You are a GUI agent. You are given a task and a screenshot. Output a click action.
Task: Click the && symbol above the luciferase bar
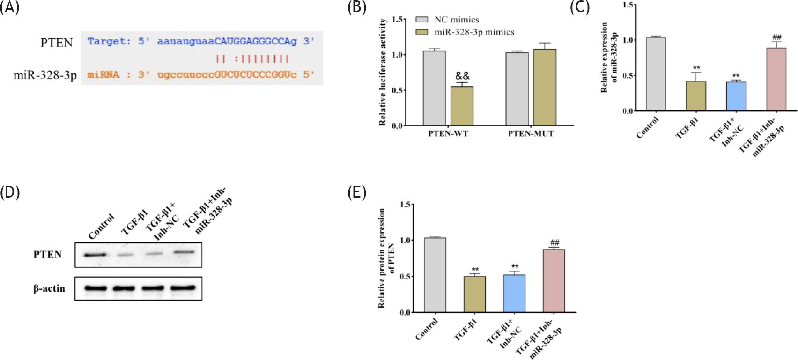pyautogui.click(x=462, y=76)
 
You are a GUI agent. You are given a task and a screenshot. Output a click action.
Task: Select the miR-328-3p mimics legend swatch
pyautogui.click(x=422, y=32)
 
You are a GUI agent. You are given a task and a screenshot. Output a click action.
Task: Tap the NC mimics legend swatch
pyautogui.click(x=422, y=19)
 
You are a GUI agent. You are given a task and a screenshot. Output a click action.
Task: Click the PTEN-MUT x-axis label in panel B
pyautogui.click(x=531, y=133)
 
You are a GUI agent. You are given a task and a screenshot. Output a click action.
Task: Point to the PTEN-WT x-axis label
pyautogui.click(x=448, y=133)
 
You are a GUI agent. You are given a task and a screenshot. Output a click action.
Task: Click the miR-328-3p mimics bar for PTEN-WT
pyautogui.click(x=462, y=106)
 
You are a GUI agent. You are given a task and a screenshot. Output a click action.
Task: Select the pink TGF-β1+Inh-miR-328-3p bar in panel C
pyautogui.click(x=776, y=80)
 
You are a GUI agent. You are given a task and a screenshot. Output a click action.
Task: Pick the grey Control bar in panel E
pyautogui.click(x=435, y=275)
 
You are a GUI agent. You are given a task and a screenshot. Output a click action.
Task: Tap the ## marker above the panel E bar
pyautogui.click(x=554, y=243)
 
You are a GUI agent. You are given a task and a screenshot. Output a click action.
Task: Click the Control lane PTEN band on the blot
pyautogui.click(x=95, y=255)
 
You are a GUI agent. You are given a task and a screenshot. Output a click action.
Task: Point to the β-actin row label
pyautogui.click(x=49, y=288)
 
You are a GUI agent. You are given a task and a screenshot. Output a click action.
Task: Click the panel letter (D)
pyautogui.click(x=10, y=192)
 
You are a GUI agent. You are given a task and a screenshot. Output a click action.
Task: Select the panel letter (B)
pyautogui.click(x=357, y=7)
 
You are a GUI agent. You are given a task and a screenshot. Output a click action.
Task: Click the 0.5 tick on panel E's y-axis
pyautogui.click(x=406, y=276)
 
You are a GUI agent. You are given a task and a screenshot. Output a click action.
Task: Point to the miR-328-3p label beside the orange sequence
pyautogui.click(x=45, y=75)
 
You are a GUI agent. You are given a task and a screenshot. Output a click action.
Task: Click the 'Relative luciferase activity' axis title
pyautogui.click(x=383, y=72)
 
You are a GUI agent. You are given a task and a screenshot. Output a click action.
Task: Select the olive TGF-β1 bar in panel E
pyautogui.click(x=474, y=294)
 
